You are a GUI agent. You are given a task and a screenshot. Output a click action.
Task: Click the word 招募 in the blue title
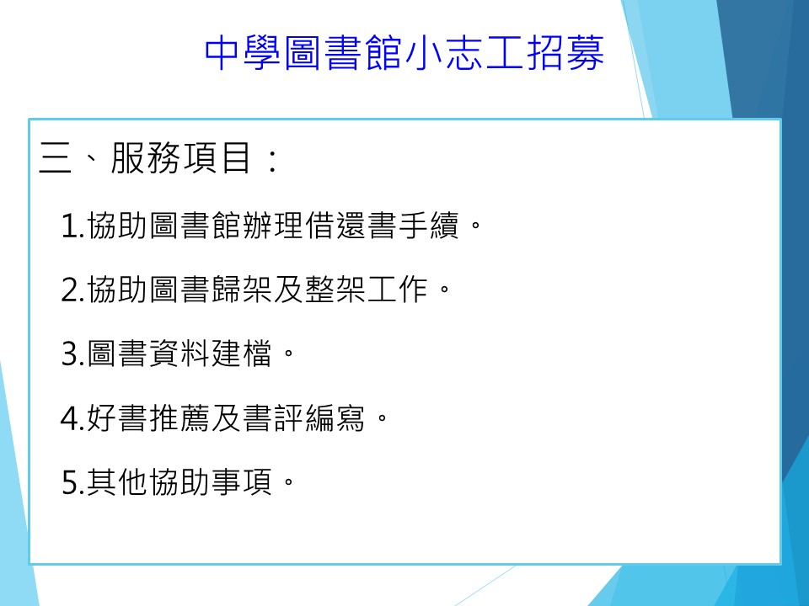[x=565, y=53]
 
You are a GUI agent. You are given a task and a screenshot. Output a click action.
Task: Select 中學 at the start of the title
[x=243, y=53]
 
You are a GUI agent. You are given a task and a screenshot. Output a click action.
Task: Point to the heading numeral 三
[x=56, y=157]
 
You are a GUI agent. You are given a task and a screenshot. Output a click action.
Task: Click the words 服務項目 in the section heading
[x=180, y=157]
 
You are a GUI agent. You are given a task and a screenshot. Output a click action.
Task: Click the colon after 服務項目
[x=273, y=159]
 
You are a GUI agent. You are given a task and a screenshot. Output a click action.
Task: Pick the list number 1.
[x=69, y=226]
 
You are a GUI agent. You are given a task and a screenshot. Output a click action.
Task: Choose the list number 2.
[x=69, y=290]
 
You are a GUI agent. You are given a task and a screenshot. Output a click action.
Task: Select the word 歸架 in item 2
[x=242, y=289]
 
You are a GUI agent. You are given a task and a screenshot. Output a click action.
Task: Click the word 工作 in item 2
[x=397, y=289]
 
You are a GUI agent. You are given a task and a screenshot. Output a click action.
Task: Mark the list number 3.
[x=69, y=354]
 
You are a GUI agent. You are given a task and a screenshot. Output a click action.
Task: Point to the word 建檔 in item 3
[x=242, y=353]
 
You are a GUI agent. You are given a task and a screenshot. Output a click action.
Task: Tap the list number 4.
[x=69, y=418]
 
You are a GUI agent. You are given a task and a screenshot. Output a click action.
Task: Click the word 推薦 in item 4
[x=179, y=417]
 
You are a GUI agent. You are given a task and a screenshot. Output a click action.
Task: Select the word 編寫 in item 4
[x=335, y=417]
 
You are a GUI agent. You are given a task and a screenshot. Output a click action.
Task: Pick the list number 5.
[x=69, y=483]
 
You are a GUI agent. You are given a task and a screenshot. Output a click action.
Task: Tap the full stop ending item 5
[x=289, y=482]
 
